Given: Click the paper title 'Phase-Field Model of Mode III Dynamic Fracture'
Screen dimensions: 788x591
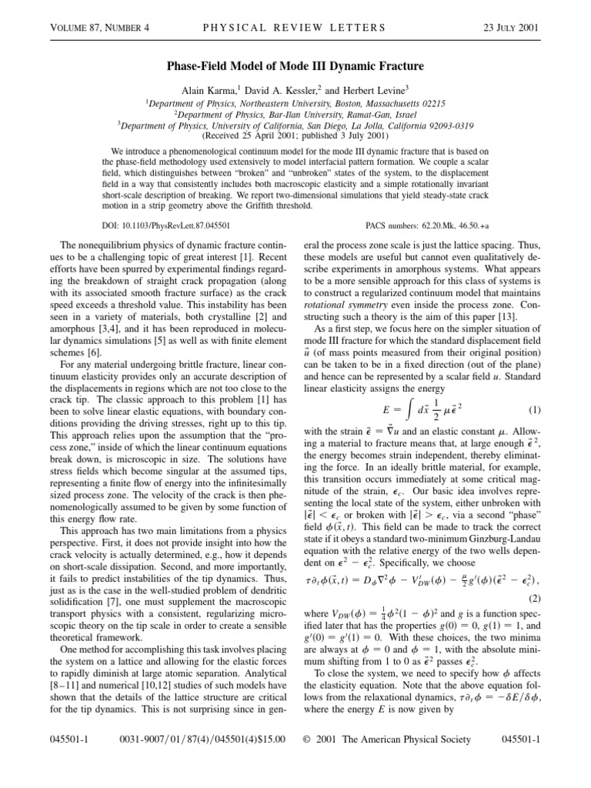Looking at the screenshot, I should (295, 67).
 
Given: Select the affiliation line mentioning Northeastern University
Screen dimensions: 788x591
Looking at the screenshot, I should (295, 102).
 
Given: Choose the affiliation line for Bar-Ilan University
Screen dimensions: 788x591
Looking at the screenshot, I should (295, 112).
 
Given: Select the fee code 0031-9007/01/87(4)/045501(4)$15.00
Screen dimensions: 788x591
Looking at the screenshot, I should (203, 761).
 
